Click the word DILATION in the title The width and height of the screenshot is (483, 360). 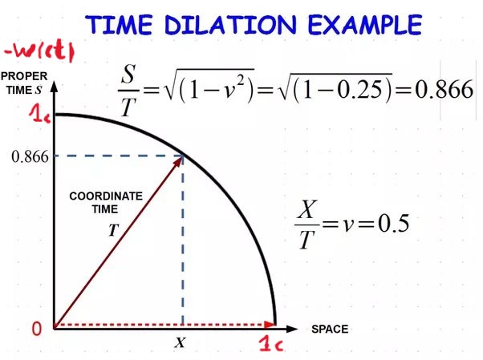coord(230,25)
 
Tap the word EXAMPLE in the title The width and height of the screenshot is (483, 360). coord(365,25)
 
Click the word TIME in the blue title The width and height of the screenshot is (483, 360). coord(119,25)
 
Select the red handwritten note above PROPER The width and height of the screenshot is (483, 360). coord(39,52)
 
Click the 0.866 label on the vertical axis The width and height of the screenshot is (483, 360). coord(30,157)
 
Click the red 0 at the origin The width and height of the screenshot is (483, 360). coord(37,328)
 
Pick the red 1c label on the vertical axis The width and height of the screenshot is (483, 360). coord(39,115)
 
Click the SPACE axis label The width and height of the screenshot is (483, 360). coord(330,330)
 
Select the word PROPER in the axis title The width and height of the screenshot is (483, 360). coord(24,76)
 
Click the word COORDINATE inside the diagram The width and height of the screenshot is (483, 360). coord(106,196)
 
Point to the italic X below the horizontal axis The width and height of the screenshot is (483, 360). coord(181,342)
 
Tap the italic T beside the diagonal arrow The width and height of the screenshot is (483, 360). coord(114,230)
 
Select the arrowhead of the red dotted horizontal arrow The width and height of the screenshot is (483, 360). coord(270,324)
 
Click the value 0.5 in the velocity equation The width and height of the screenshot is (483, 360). coord(394,223)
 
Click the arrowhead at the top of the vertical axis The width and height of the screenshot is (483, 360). coord(55,87)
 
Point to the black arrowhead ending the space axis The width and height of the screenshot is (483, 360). coord(292,329)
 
